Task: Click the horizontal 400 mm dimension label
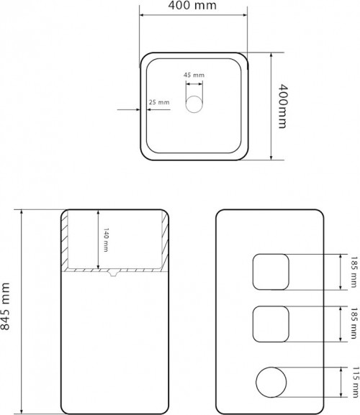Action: click(192, 5)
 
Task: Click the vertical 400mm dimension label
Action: click(283, 106)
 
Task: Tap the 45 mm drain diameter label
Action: click(194, 76)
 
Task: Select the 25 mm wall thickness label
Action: click(159, 102)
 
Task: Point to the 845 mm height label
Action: click(5, 306)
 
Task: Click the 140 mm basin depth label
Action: click(106, 240)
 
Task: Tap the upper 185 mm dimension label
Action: click(354, 272)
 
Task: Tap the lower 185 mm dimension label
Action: click(354, 323)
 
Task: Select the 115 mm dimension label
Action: click(355, 382)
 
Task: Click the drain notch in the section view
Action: click(113, 273)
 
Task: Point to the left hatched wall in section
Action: click(65, 240)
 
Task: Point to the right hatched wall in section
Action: click(165, 240)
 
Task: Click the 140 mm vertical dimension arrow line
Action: click(98, 240)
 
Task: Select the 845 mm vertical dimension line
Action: click(22, 311)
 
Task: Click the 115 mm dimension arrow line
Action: click(341, 382)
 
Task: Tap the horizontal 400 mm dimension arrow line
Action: click(194, 15)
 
